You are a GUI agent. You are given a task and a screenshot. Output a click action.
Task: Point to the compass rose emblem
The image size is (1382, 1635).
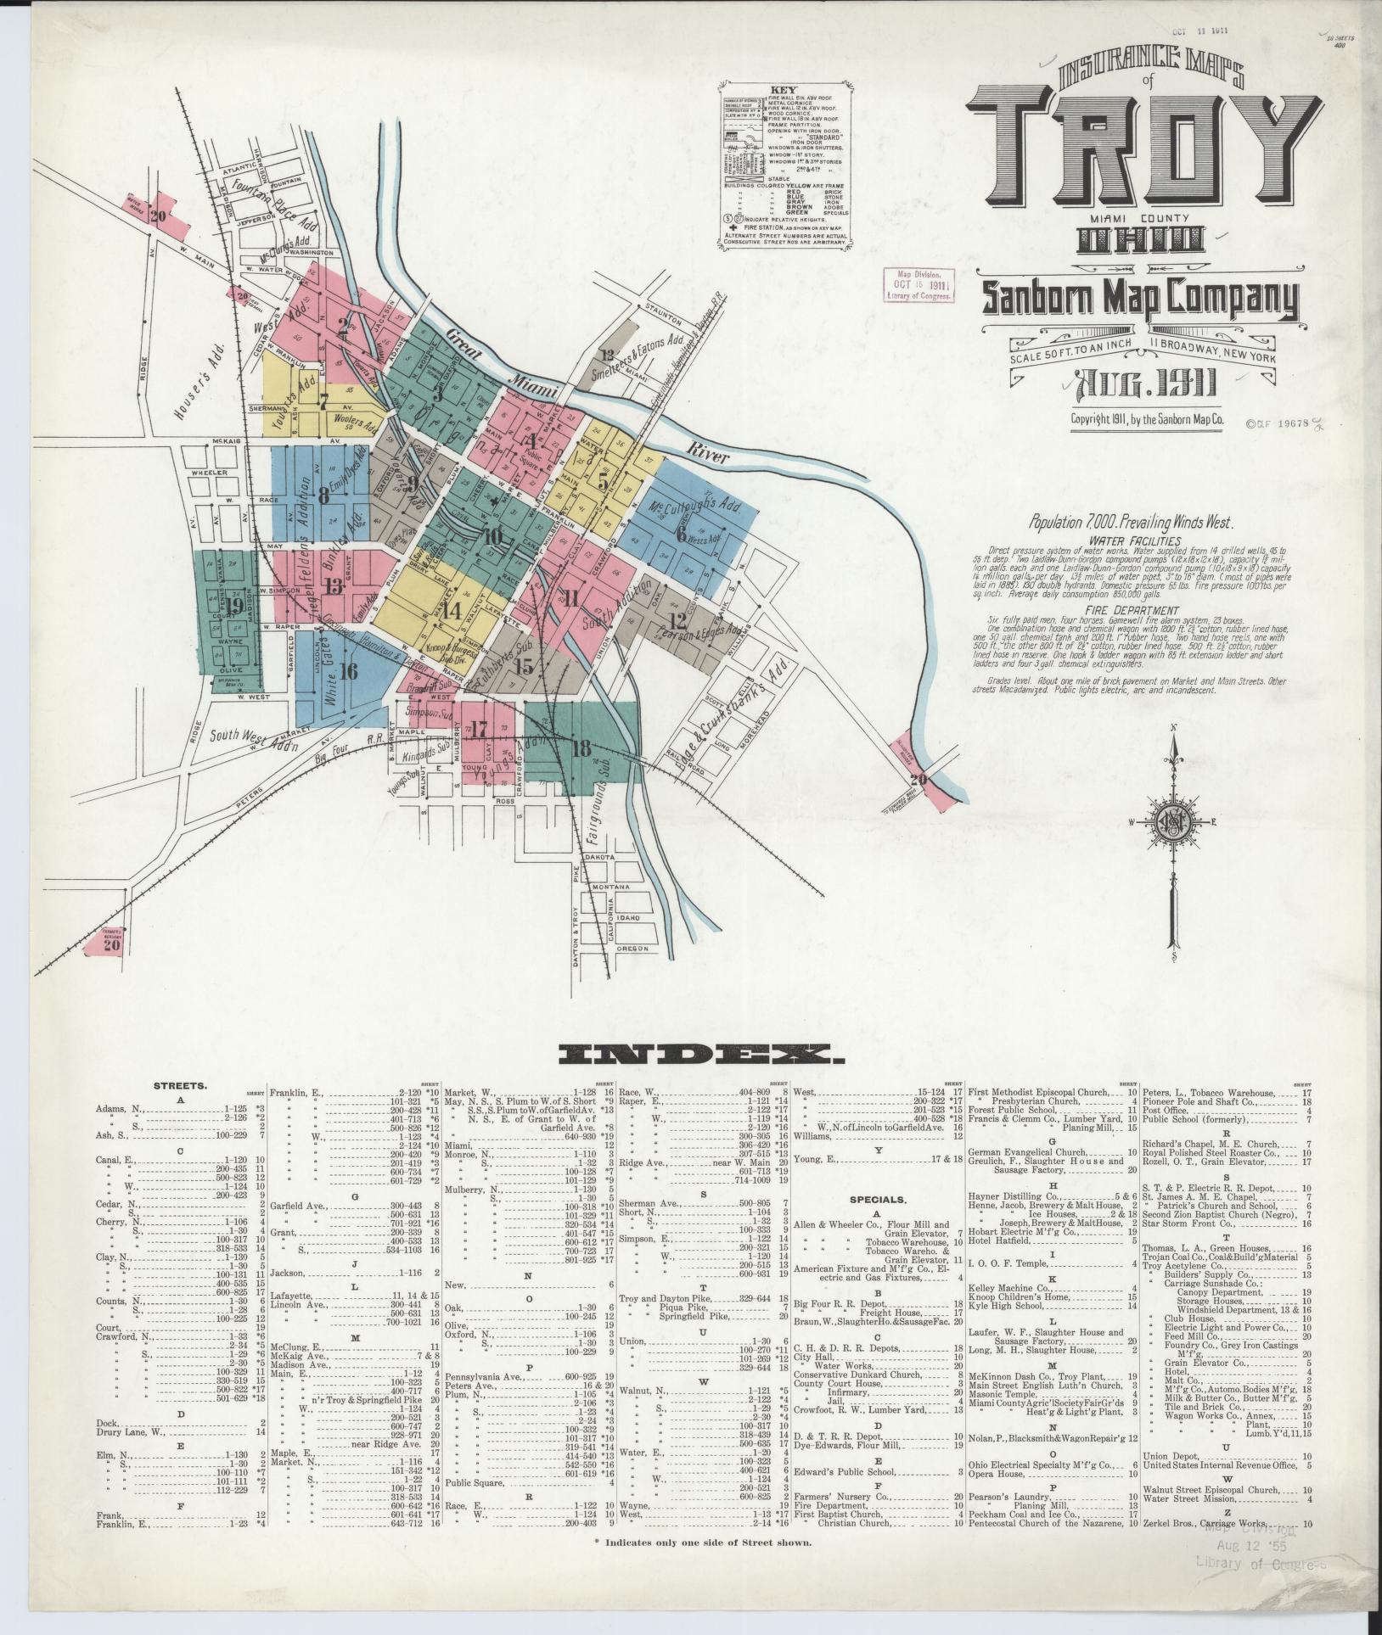pos(1175,824)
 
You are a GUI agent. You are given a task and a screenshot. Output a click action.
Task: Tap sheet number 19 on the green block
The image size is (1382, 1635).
pos(233,605)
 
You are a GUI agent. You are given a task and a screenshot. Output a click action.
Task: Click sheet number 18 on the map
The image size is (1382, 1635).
pos(581,748)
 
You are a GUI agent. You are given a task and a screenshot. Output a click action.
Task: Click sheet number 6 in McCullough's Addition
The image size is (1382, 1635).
pos(680,534)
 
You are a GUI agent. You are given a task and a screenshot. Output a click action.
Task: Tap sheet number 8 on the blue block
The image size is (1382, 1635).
pos(323,496)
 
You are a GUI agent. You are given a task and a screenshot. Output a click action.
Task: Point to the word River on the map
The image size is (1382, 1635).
pos(710,456)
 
